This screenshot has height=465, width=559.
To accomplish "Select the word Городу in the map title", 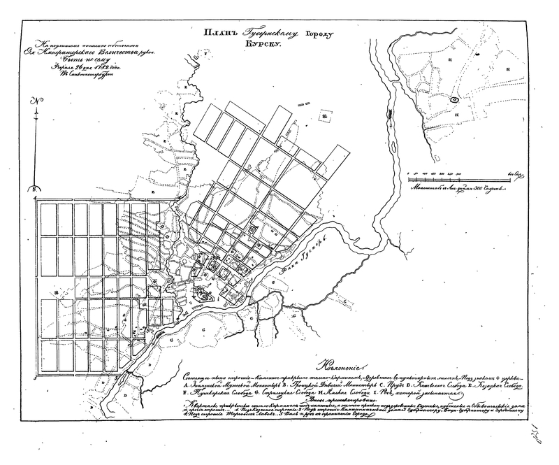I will [x=321, y=32].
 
